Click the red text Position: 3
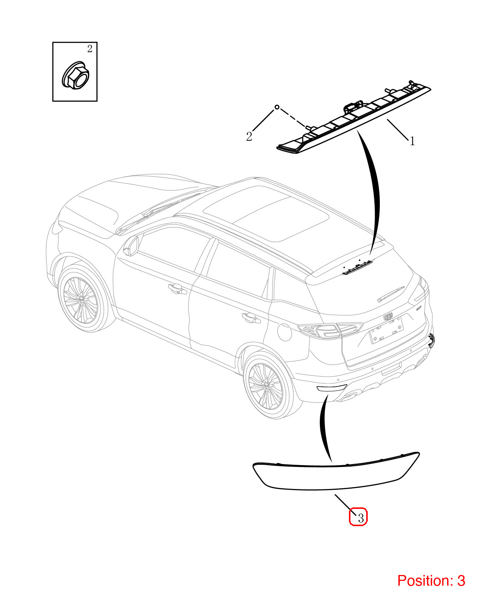coord(431,581)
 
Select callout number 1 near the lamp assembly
coord(412,141)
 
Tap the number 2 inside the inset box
coord(90,49)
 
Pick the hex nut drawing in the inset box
coord(75,76)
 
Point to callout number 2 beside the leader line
coord(249,137)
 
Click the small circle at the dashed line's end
coord(277,107)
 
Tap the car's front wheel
coord(81,301)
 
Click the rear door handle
coord(251,318)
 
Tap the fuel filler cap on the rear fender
coord(284,333)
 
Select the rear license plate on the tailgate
coord(387,331)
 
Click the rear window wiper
coord(391,294)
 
